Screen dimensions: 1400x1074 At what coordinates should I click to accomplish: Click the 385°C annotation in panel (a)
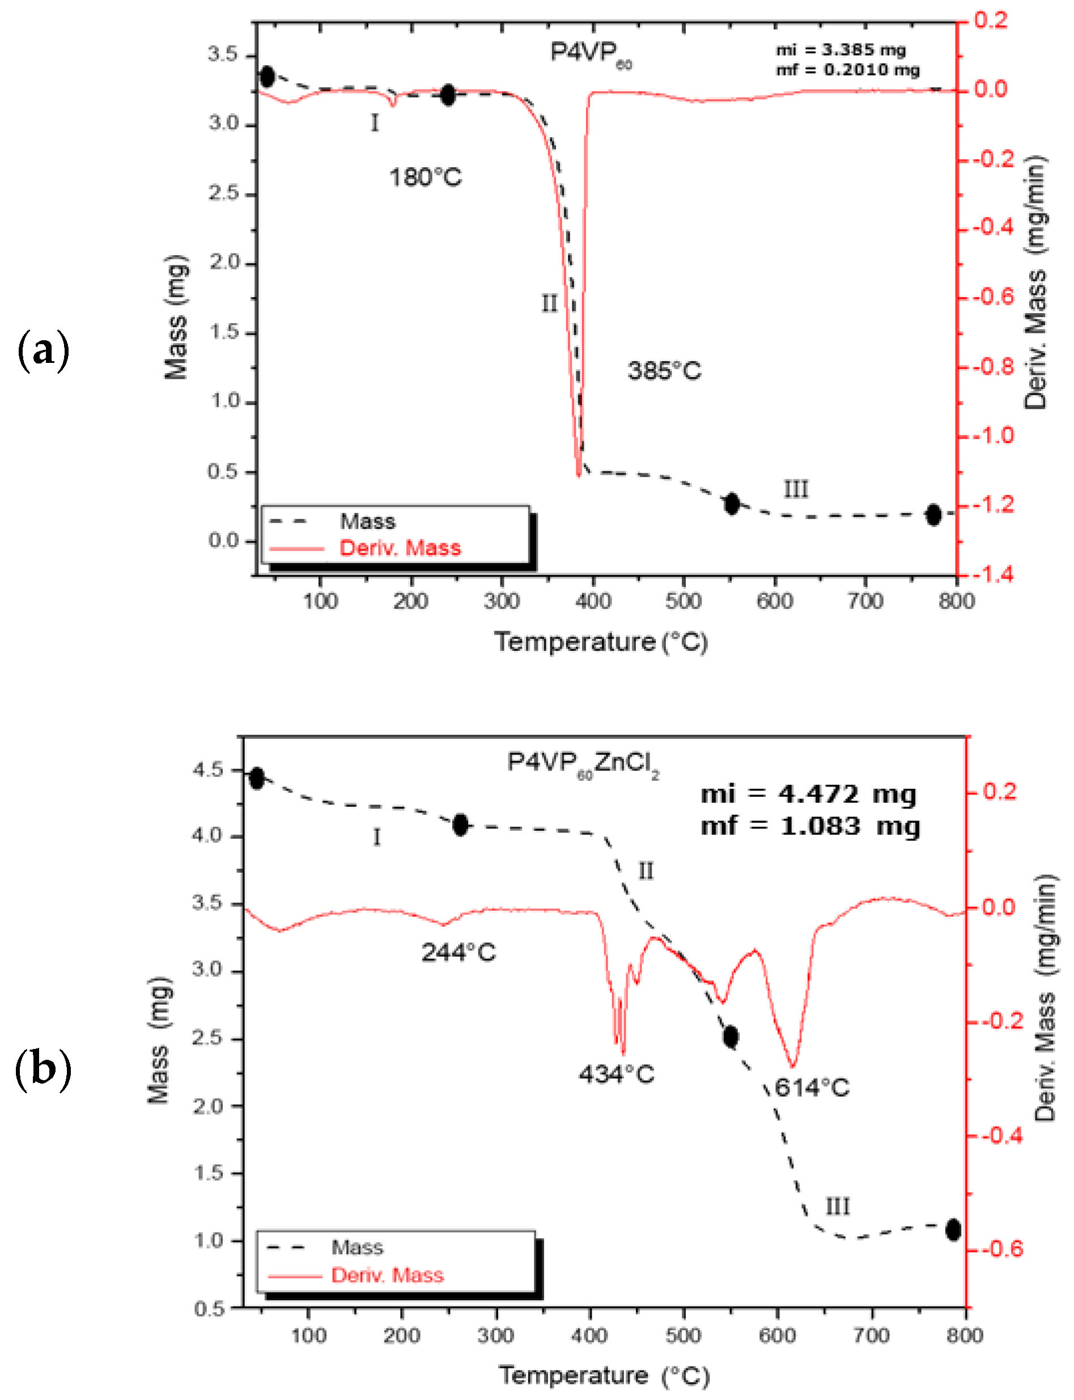pos(664,371)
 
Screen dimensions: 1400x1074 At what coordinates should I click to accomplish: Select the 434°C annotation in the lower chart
pos(616,1074)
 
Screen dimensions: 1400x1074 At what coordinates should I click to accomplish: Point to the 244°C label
pos(459,952)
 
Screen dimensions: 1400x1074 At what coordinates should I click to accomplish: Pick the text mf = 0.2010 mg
pos(848,70)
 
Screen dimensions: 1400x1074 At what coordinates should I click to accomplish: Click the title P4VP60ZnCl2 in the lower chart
pos(583,764)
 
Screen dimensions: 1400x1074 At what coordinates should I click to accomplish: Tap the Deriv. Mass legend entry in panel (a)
pos(400,548)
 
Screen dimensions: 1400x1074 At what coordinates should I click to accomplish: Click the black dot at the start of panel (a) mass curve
pos(267,77)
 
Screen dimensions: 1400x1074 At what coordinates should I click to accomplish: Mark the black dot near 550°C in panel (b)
pos(731,1036)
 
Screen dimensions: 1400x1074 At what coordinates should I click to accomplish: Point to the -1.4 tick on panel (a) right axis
pos(994,574)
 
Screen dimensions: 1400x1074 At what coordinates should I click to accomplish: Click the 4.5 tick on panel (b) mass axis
pos(209,770)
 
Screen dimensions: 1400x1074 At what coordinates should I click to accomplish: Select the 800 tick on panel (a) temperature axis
pos(956,601)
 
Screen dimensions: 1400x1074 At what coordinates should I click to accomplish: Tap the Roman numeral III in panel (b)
pos(838,1207)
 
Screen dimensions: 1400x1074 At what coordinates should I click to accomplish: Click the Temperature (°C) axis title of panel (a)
pos(601,642)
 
